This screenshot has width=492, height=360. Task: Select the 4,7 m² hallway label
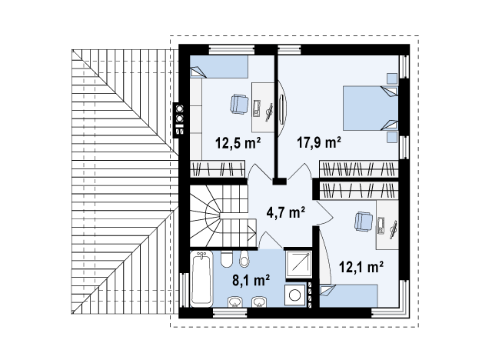click(x=285, y=212)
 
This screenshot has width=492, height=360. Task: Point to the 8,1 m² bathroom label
click(x=250, y=281)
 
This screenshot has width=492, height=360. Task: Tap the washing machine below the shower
click(x=295, y=296)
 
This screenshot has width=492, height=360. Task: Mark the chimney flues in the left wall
click(x=180, y=118)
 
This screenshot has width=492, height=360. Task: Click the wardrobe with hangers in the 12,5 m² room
click(x=218, y=168)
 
